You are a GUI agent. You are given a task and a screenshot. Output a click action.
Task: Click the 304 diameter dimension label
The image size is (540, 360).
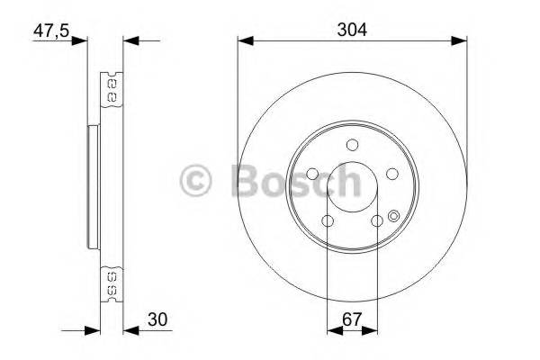352,28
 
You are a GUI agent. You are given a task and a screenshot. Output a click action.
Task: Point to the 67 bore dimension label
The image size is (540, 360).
352,318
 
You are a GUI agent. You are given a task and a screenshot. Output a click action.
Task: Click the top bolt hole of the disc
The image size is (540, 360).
353,144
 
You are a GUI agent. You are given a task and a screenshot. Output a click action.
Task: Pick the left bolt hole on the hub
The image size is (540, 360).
311,175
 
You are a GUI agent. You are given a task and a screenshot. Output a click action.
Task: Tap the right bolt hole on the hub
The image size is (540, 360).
393,175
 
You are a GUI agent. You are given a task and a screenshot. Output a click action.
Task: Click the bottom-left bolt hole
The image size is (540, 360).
328,220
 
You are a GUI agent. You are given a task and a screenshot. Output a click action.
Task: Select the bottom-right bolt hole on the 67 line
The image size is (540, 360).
376,220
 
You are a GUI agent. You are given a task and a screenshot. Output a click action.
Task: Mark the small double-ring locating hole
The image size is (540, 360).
394,214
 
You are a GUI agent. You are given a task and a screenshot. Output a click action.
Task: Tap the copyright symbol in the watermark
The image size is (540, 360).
196,182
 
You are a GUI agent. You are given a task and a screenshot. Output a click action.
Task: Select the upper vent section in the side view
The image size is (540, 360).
112,87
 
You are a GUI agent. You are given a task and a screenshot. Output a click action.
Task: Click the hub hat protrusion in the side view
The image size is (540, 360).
92,187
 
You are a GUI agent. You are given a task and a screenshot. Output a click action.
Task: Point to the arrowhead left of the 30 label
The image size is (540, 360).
128,328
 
